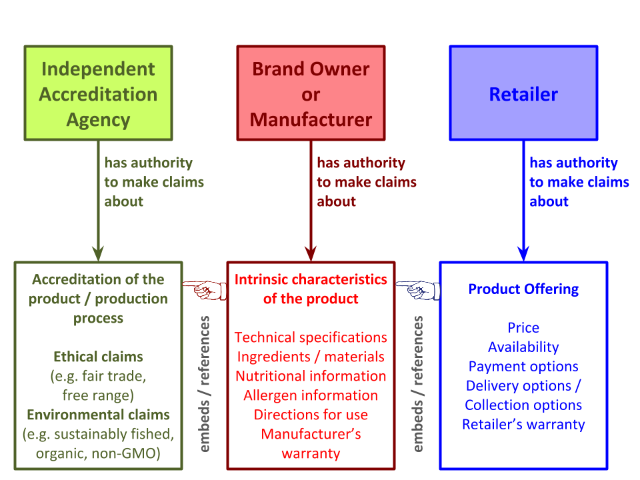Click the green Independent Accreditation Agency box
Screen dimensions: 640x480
tap(99, 93)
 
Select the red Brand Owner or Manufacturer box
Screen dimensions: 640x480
tap(311, 93)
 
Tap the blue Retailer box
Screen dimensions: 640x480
tap(524, 93)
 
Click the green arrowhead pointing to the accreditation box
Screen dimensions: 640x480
tap(99, 253)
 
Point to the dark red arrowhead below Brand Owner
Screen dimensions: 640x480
tap(311, 253)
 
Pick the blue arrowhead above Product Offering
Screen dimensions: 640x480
tap(524, 253)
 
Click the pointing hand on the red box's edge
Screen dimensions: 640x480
tap(205, 290)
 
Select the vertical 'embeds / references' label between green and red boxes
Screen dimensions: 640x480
tap(204, 384)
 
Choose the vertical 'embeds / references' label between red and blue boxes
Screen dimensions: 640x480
tap(417, 384)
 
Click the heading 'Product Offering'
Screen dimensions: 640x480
tap(524, 289)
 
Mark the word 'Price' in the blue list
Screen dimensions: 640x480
tap(524, 328)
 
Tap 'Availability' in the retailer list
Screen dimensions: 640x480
tap(524, 347)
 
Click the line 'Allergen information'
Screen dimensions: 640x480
tap(311, 395)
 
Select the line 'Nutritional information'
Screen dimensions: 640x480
tap(311, 376)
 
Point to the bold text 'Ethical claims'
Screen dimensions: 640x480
tap(99, 357)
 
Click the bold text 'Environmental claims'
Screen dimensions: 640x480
tap(99, 415)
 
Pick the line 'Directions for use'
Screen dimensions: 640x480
tap(311, 415)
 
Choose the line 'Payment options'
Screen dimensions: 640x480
tap(524, 367)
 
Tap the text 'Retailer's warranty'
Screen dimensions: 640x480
tap(524, 425)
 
